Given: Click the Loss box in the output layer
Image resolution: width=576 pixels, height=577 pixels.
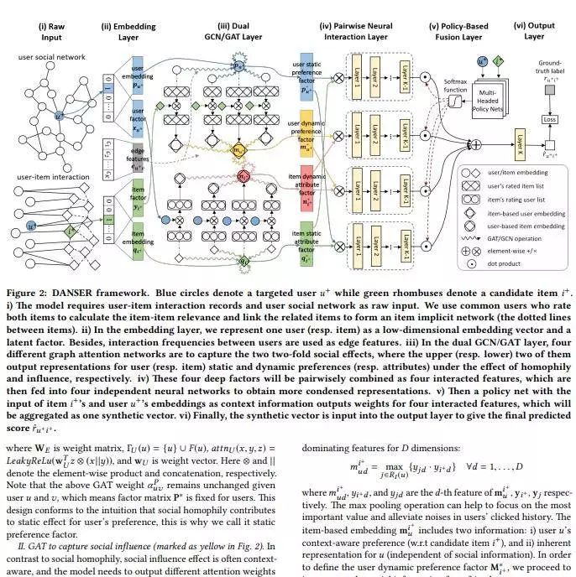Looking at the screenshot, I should (x=550, y=120).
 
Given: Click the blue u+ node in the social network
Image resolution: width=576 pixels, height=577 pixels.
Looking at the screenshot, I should (x=59, y=116).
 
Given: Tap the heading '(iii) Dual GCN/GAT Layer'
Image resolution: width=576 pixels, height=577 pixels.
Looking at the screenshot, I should (x=240, y=30).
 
